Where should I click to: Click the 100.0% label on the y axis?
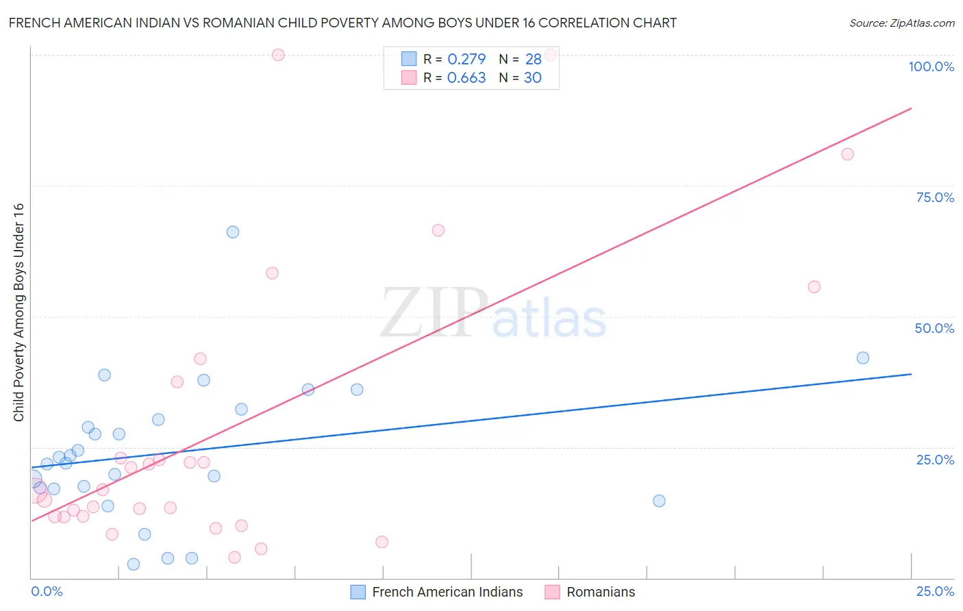(x=931, y=66)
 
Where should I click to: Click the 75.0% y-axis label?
(x=935, y=197)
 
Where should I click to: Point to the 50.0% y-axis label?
(x=934, y=328)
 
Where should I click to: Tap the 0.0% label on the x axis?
(x=47, y=591)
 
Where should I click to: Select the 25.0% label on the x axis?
(x=935, y=591)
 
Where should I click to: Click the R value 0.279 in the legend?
(x=466, y=60)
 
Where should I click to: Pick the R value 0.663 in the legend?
(x=466, y=78)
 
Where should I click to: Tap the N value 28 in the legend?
(x=533, y=60)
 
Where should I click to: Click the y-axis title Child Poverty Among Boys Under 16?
(x=18, y=312)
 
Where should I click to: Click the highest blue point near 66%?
(x=233, y=232)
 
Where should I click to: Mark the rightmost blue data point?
(x=863, y=358)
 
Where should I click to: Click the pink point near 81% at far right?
(x=847, y=154)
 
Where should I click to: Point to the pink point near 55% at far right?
(x=814, y=287)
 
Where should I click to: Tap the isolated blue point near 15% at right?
(x=659, y=501)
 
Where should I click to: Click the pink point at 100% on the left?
(x=278, y=55)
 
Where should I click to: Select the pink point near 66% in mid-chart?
(x=438, y=230)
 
